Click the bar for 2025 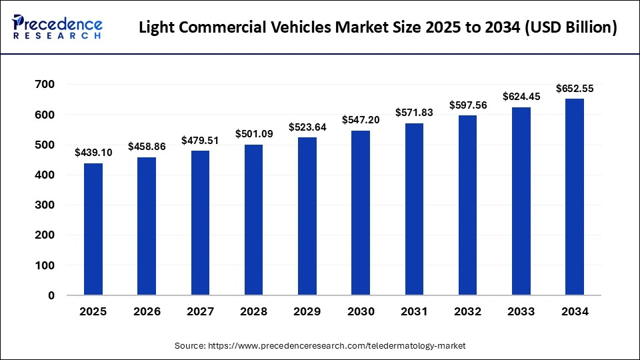[x=93, y=229]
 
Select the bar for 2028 [x=254, y=219]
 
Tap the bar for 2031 [x=414, y=209]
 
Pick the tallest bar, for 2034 [x=575, y=197]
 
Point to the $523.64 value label [x=307, y=127]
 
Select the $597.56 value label [x=467, y=105]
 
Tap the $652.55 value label [x=575, y=88]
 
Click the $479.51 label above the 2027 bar [x=200, y=140]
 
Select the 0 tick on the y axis [x=51, y=295]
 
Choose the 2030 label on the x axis [x=361, y=311]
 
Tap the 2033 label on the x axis [x=521, y=311]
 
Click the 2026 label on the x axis [x=147, y=311]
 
